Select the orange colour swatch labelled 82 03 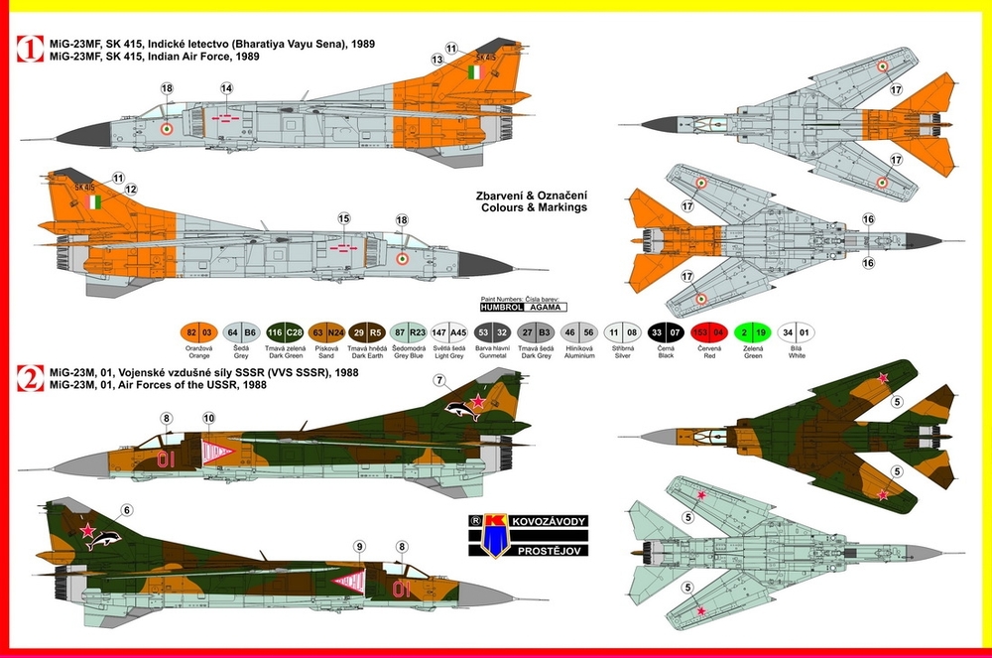[198, 333]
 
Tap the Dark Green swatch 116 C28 [284, 333]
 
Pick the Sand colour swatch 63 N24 [326, 333]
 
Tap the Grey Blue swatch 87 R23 [411, 333]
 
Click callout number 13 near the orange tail [435, 60]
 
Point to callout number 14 [227, 89]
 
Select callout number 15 [343, 217]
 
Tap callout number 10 [208, 420]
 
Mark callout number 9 [360, 545]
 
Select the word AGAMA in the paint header [542, 308]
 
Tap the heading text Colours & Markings [533, 207]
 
